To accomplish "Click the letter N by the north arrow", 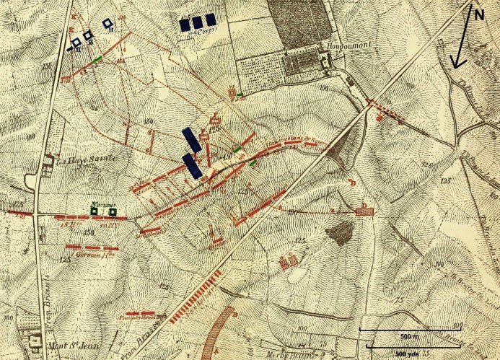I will tap(477, 12).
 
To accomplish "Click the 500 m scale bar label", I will tap(392, 337).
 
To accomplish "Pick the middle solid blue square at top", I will tap(197, 22).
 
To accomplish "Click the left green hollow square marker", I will tap(94, 211).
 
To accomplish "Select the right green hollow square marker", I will tap(112, 211).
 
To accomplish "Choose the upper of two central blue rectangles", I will tap(189, 140).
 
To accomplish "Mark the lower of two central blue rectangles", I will tap(193, 165).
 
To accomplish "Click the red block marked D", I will tap(364, 211).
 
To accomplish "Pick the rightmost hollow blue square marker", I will tap(108, 24).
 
